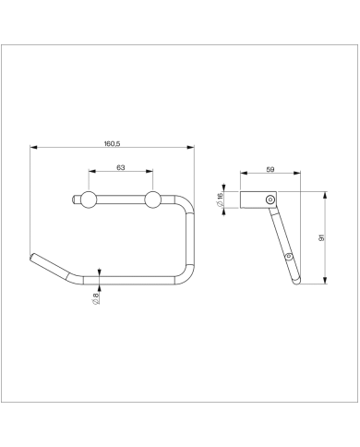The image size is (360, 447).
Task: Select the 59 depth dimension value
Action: (270, 169)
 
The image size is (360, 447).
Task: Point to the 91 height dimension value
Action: (320, 238)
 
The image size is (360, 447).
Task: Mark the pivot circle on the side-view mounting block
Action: (270, 199)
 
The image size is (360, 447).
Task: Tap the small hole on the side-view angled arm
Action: (289, 256)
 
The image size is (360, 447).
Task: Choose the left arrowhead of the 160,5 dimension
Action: (32, 147)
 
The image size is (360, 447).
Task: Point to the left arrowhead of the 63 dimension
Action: (91, 173)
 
